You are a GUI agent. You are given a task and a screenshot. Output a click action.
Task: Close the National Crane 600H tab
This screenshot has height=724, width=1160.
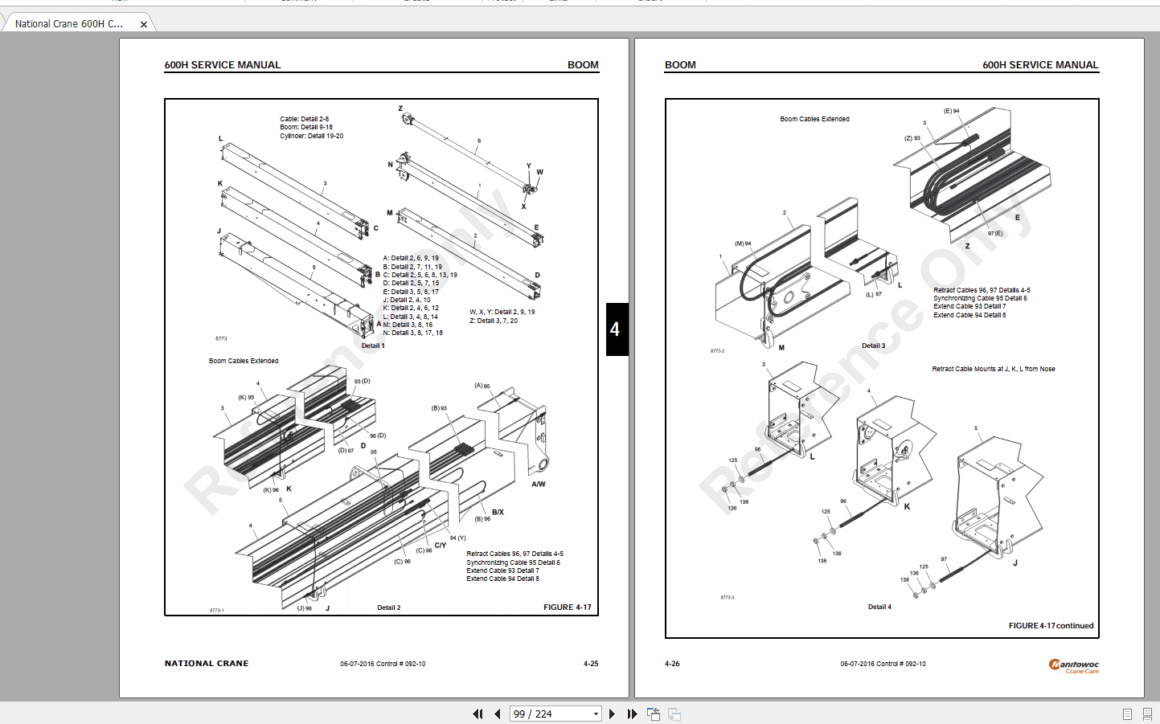tap(144, 24)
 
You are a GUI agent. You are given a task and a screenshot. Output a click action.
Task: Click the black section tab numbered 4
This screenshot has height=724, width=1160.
tap(616, 329)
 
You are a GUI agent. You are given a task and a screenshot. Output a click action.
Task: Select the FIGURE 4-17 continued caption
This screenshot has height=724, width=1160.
tap(1051, 626)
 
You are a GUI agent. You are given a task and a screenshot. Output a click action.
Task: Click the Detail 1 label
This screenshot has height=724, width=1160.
tap(373, 346)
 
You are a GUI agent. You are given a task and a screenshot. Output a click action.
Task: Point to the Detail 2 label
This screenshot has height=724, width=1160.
tap(388, 607)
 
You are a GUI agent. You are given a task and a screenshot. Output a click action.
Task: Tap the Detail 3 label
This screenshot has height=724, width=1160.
tap(873, 346)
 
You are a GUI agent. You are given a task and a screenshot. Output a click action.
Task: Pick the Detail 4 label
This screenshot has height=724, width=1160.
tap(879, 607)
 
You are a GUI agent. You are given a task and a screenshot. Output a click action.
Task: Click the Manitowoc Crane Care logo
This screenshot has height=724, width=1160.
tap(1074, 665)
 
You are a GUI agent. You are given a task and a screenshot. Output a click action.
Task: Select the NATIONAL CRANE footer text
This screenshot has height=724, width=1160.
tap(207, 664)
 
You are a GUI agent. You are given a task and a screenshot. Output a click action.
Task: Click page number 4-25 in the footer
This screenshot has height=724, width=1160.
tap(591, 664)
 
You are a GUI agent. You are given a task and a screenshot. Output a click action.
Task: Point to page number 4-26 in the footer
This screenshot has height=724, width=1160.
tap(672, 664)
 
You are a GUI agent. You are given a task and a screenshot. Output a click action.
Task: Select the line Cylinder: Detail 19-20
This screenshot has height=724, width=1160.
tap(311, 136)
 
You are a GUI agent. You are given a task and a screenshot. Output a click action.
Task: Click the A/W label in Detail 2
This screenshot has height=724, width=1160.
tap(539, 484)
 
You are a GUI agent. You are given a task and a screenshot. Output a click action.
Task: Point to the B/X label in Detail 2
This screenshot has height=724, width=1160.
tap(498, 512)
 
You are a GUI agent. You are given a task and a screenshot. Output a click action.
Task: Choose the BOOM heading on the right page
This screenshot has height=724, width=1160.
tap(680, 65)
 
